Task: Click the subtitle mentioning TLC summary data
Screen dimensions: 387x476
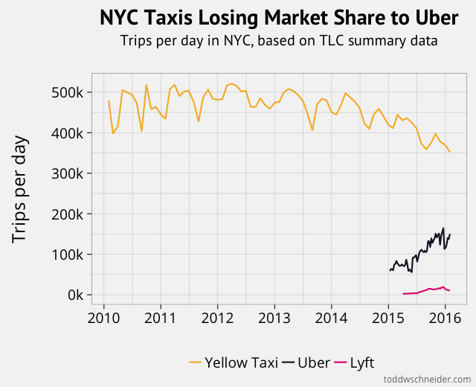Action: point(279,40)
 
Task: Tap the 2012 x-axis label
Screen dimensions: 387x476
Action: point(217,319)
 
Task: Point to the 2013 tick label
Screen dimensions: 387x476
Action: point(274,319)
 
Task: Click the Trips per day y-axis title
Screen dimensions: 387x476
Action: point(20,189)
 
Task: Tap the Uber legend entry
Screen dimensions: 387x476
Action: point(306,362)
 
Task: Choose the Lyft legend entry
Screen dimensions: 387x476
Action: point(355,362)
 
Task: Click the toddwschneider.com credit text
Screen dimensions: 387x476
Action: point(427,379)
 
